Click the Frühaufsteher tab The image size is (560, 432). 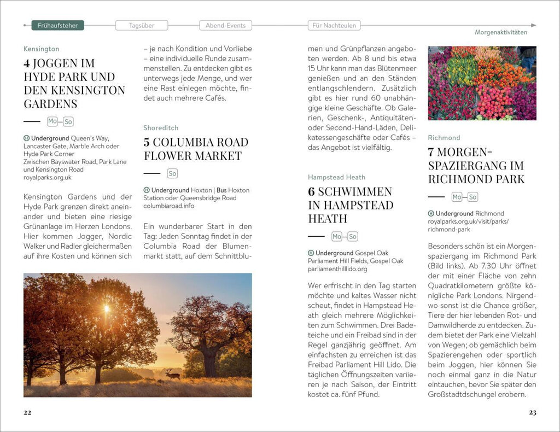point(57,25)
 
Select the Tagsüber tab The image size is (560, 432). point(141,25)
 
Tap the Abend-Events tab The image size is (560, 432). point(225,25)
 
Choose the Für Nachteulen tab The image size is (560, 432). point(334,25)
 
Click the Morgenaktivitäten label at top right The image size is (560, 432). point(501,32)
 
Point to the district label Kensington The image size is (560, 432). point(42,49)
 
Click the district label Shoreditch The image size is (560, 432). point(161,127)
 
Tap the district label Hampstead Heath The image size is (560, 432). point(336,177)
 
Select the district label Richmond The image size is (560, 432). point(444,137)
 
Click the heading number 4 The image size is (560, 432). point(27,63)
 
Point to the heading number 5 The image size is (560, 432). point(147,142)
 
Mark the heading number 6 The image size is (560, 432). point(311,191)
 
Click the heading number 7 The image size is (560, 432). point(431,151)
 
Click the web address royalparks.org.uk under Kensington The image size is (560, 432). point(48,177)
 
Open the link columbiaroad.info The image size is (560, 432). point(168,206)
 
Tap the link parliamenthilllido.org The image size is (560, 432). point(337,268)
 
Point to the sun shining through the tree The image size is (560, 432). point(107,308)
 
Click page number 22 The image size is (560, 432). point(27,412)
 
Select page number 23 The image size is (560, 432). point(532,412)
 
